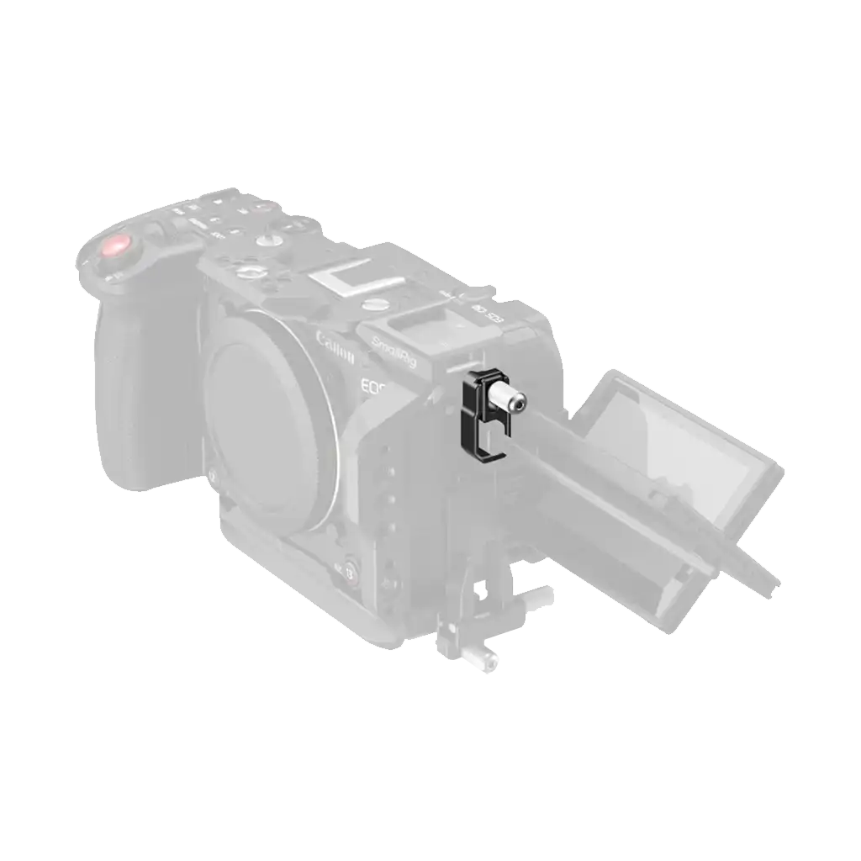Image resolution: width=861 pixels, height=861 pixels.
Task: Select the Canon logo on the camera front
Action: point(335,348)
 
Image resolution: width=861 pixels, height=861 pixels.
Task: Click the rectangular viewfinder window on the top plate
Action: point(341,278)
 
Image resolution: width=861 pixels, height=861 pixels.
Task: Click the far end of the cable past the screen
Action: point(767,582)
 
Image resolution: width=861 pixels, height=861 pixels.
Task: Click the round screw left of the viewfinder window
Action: point(249,272)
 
